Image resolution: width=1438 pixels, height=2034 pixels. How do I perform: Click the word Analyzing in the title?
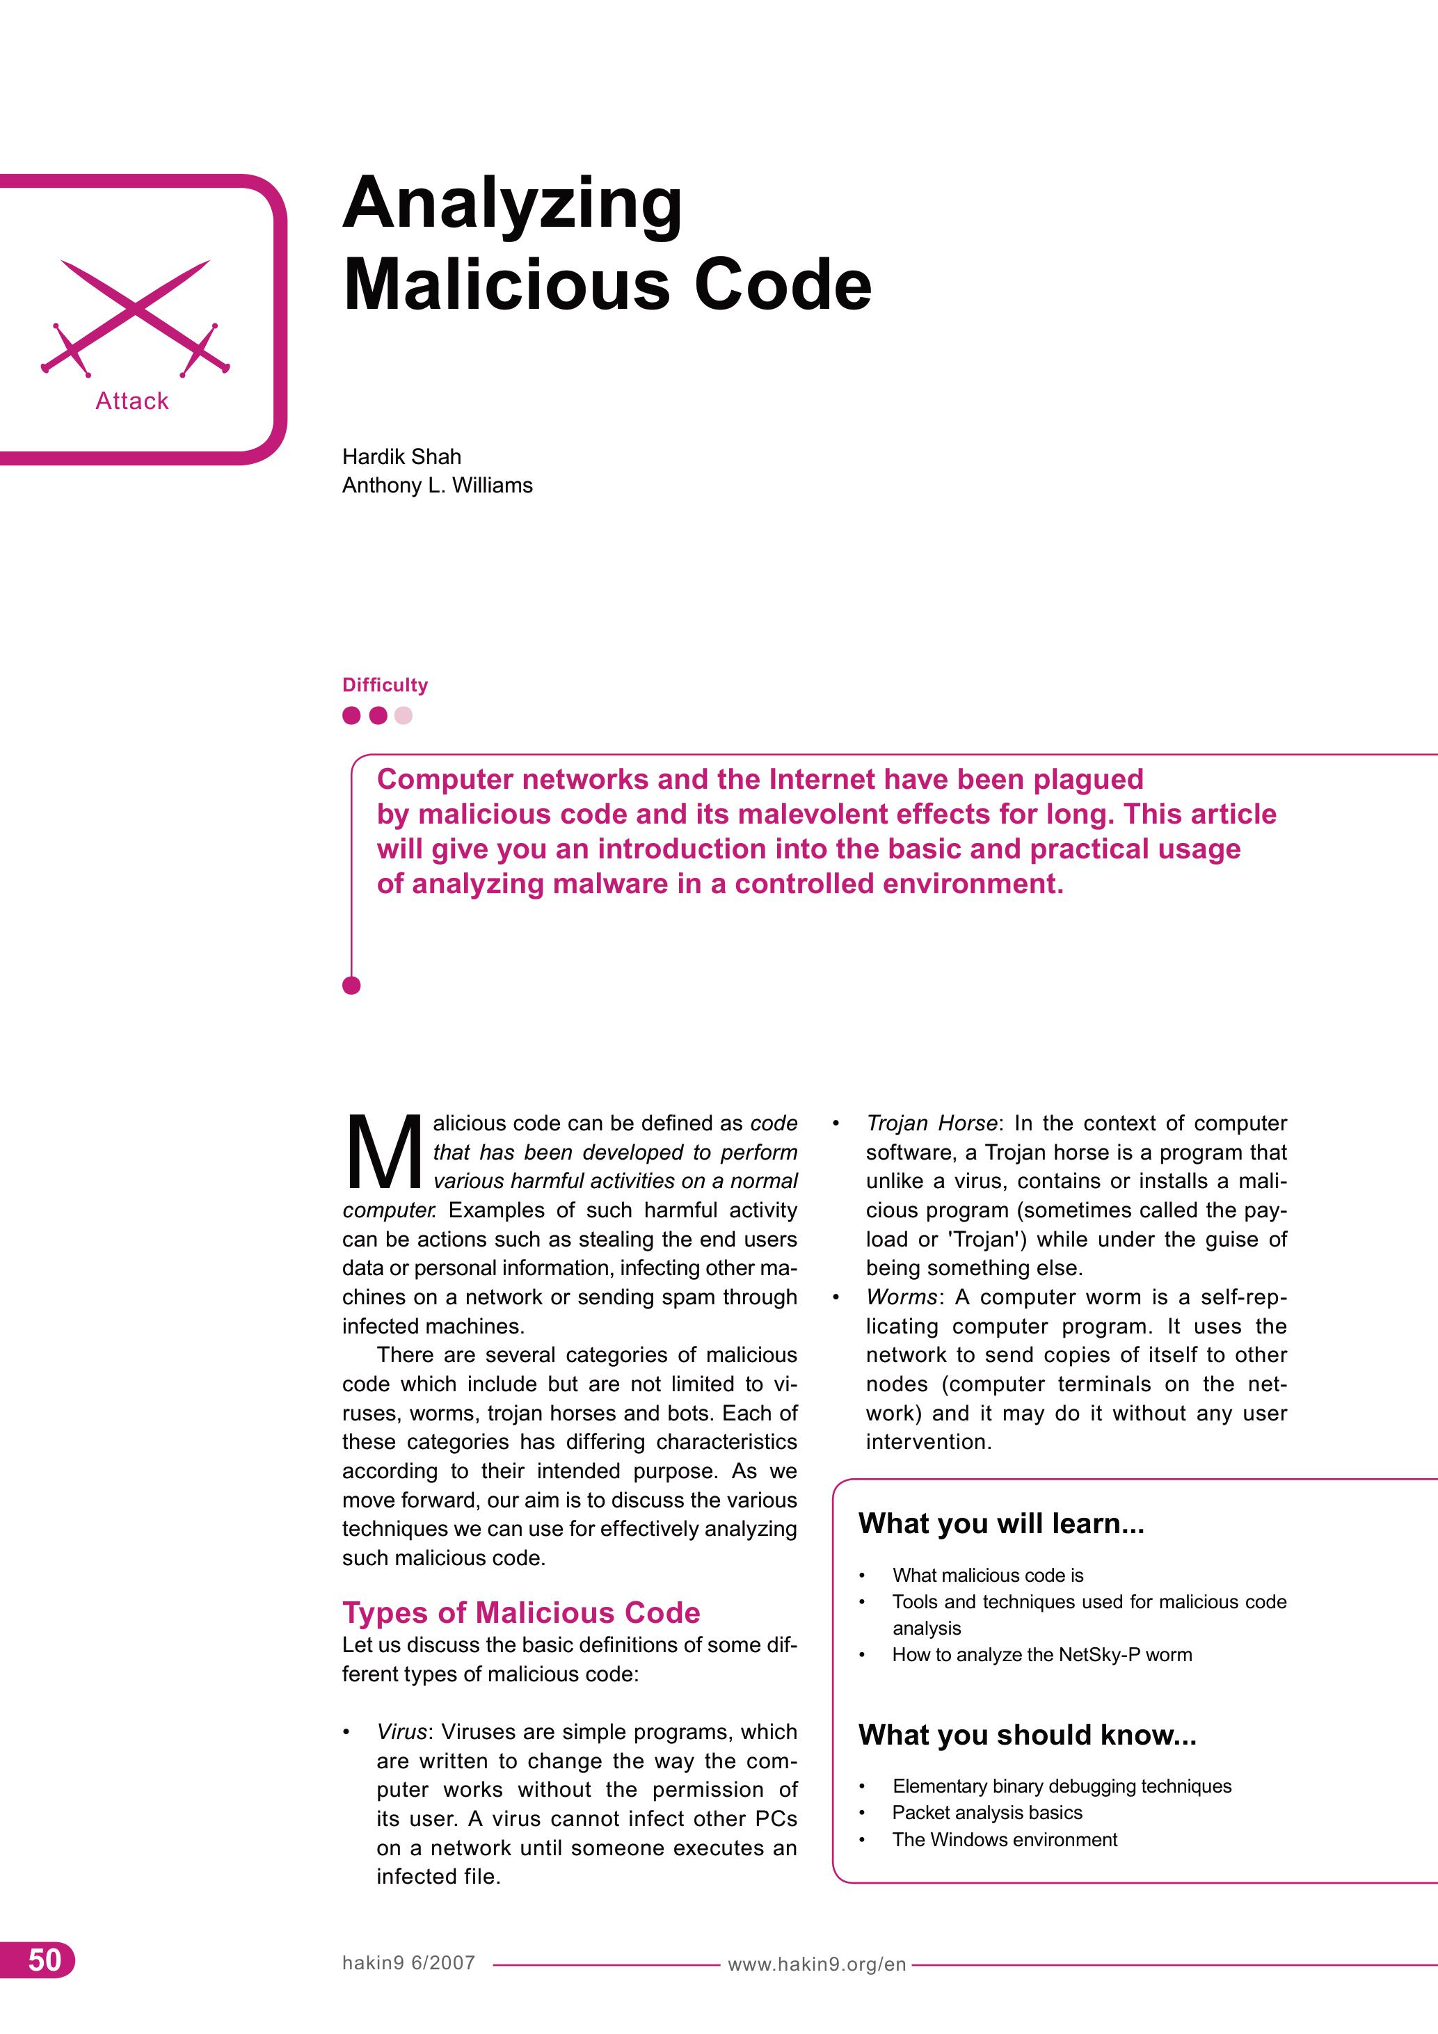coord(512,204)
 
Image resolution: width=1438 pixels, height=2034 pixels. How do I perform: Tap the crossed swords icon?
coord(135,317)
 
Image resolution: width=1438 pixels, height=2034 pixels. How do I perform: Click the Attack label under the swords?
coord(132,401)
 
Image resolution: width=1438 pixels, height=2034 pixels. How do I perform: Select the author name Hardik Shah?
coord(401,456)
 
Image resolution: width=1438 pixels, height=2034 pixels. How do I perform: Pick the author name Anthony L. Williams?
coord(437,486)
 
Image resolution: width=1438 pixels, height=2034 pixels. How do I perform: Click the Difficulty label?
coord(385,684)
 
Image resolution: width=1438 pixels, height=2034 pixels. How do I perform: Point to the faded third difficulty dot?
coord(403,715)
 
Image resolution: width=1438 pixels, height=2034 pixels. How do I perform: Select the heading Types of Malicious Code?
coord(521,1612)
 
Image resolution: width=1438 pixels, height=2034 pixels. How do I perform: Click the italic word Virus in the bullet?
coord(401,1732)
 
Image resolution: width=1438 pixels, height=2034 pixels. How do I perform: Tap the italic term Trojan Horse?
coord(932,1123)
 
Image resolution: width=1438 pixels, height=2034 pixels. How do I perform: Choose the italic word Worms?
coord(901,1297)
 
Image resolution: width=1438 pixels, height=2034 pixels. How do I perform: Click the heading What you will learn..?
coord(1001,1523)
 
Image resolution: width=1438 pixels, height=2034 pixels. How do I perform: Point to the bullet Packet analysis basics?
coord(987,1813)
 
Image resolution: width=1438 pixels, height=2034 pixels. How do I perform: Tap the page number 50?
coord(45,1960)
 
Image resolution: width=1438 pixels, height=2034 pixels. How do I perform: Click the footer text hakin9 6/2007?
coord(408,1962)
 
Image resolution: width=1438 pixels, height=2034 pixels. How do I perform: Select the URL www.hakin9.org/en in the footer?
coord(816,1964)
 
